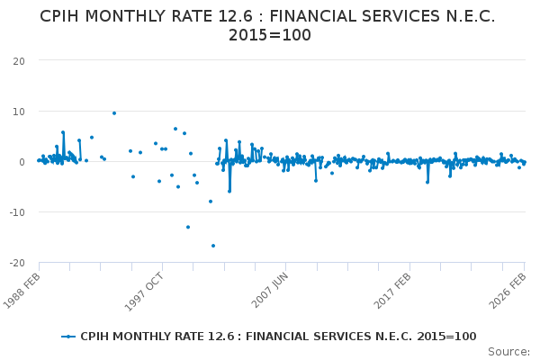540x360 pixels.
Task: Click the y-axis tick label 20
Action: (18, 60)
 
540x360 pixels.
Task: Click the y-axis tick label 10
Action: (18, 111)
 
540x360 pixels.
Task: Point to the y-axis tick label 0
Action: (21, 161)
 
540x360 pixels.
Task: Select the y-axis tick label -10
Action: (15, 211)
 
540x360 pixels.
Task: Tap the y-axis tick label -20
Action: (15, 262)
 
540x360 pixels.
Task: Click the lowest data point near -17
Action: (213, 246)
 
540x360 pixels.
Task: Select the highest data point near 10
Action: (114, 113)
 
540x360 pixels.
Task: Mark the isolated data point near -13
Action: (188, 227)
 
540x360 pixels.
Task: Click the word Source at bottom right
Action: (508, 352)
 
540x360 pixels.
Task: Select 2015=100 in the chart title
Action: (269, 36)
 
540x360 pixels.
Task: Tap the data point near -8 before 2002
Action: (211, 202)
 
